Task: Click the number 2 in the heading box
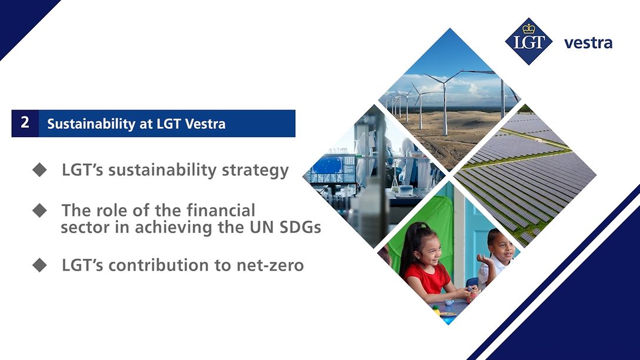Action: [x=25, y=123]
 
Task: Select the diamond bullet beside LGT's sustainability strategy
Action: [x=39, y=171]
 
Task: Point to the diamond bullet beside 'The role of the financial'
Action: [x=39, y=211]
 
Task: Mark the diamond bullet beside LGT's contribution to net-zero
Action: [x=39, y=265]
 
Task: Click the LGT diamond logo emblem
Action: [x=528, y=42]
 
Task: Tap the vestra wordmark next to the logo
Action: [x=588, y=43]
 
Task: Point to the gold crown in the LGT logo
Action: [x=528, y=29]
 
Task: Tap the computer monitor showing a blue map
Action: [x=326, y=168]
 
